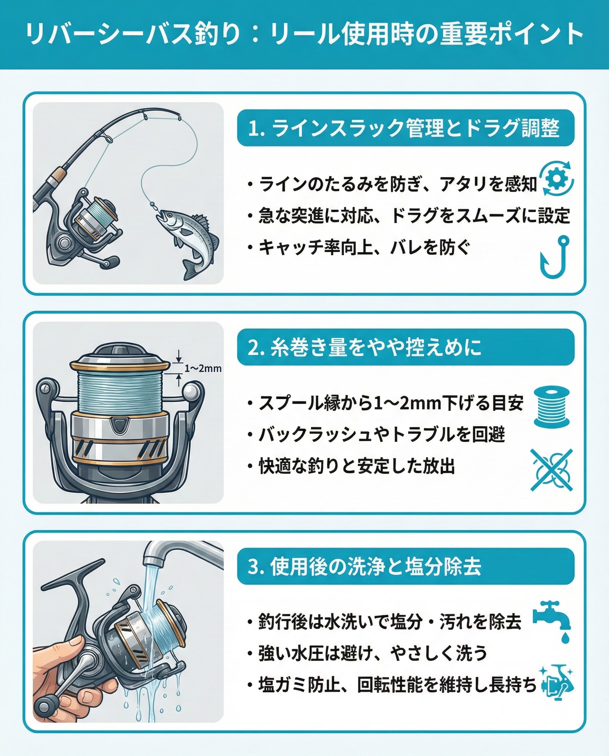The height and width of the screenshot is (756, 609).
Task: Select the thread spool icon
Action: (551, 407)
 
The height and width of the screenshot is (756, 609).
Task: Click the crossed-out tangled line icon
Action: (551, 470)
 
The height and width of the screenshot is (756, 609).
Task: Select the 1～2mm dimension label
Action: (203, 368)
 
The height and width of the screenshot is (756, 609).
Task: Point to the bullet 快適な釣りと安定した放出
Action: (357, 467)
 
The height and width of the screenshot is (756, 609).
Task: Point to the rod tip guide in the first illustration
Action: (179, 116)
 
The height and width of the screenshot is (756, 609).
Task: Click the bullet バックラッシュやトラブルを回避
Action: (382, 435)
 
